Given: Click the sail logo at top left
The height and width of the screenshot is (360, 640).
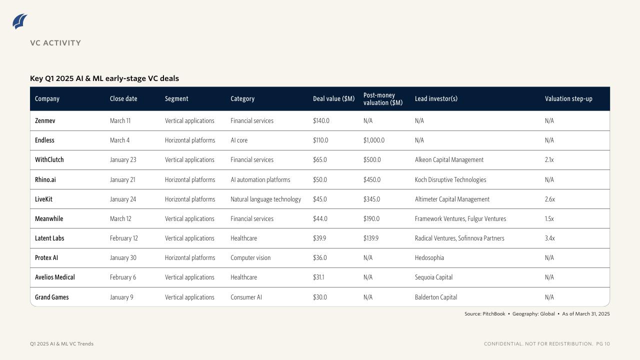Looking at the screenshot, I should (x=20, y=21).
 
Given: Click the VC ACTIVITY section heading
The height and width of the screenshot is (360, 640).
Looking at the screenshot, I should (x=55, y=43).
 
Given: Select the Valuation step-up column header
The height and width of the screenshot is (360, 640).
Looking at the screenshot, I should (x=568, y=98).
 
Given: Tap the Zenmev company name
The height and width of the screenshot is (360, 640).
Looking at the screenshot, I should (x=45, y=120).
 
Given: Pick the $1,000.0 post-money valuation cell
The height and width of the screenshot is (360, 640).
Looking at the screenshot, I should (x=374, y=140).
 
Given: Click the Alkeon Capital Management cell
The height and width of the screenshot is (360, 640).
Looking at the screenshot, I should (x=449, y=160).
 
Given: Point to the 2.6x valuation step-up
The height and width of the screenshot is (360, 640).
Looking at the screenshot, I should (x=549, y=199).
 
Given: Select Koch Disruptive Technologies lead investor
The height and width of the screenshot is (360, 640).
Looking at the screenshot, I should (x=450, y=179).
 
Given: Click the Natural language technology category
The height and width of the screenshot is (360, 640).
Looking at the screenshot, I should (x=265, y=199).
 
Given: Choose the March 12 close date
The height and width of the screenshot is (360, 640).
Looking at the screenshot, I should (x=120, y=218).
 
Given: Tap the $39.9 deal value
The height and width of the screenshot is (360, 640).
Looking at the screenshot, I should (x=319, y=238).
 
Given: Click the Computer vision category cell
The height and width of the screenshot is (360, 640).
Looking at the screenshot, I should (x=250, y=257).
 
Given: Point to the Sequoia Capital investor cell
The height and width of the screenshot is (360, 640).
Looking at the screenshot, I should (x=433, y=277).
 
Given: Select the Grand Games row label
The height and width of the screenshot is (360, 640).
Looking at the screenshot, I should (x=51, y=297).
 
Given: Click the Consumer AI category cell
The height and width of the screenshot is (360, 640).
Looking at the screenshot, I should (x=246, y=297).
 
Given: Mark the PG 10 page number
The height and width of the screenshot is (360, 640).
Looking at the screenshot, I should (x=603, y=344).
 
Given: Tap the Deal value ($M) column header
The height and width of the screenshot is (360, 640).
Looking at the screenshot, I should (x=333, y=98).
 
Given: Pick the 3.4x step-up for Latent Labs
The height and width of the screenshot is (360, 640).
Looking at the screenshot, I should (x=549, y=238).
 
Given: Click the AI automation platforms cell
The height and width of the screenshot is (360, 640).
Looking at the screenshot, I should (x=260, y=179).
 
